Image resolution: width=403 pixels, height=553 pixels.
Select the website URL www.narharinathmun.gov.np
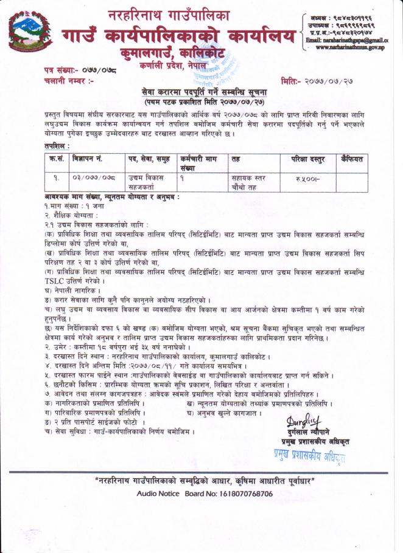[351, 47]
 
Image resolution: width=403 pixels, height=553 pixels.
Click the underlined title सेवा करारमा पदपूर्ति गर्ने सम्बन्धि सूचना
[205, 91]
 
